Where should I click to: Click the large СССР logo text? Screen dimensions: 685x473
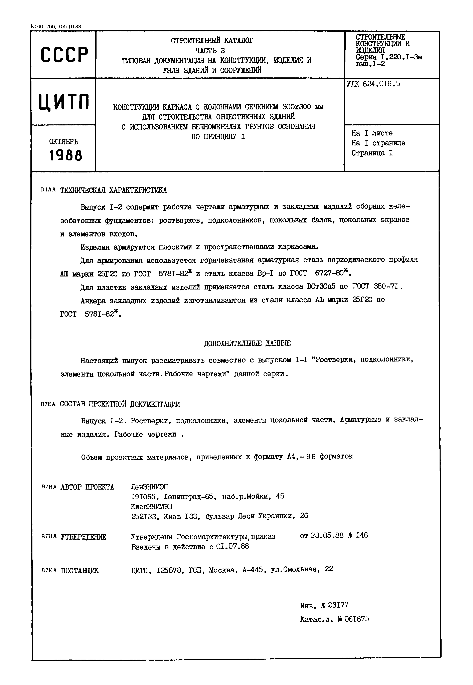click(x=64, y=55)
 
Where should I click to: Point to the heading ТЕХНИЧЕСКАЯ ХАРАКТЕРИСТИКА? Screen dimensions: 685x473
click(x=114, y=190)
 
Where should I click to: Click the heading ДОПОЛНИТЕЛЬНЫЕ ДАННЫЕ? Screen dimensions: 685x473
click(x=247, y=343)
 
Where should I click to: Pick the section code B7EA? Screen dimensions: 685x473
click(x=48, y=404)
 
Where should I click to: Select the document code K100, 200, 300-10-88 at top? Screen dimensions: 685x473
click(x=56, y=27)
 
